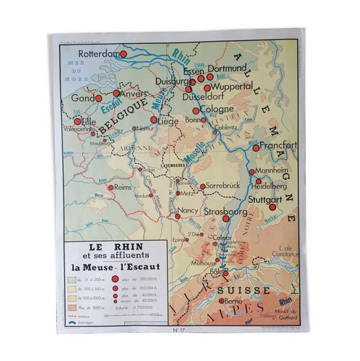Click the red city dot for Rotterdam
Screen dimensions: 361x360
point(123,54)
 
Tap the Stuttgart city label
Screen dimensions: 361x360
point(265,200)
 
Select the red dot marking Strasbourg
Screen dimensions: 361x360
point(226,219)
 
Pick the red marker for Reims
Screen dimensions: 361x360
point(111,188)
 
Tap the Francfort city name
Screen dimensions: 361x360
point(278,145)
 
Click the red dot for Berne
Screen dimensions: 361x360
point(222,301)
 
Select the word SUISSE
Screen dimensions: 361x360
point(244,290)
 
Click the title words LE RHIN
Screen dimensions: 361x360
point(116,247)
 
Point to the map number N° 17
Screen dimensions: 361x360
point(179,330)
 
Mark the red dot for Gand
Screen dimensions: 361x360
point(98,98)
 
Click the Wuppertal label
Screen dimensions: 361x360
point(232,86)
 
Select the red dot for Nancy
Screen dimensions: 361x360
point(178,216)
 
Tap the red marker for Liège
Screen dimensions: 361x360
point(154,119)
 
